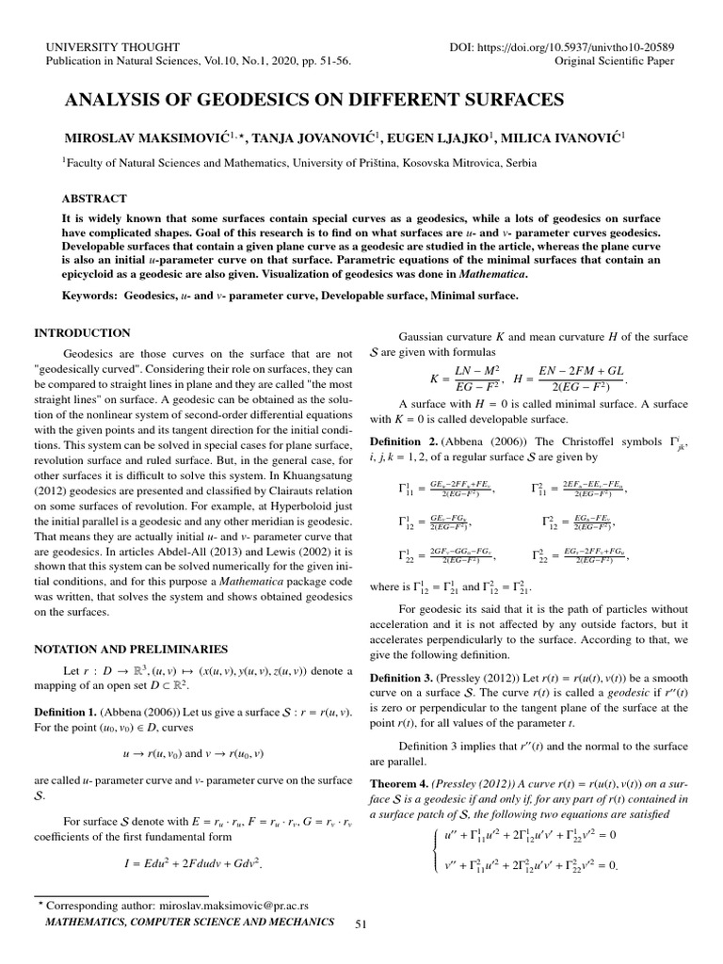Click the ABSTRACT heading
94,200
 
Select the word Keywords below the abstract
88,296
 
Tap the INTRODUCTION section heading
82,332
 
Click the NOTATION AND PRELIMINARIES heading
131,649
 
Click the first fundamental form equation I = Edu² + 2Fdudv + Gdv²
192,861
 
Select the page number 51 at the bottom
360,925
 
